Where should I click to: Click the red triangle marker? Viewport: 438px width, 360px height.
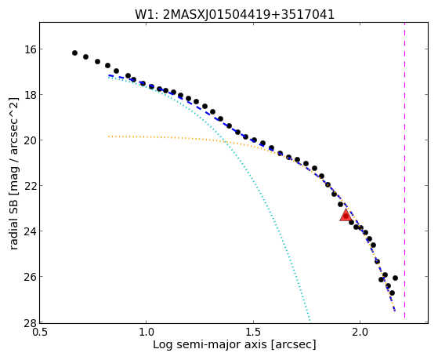click(x=346, y=215)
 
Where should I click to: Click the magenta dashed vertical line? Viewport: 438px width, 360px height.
click(x=404, y=170)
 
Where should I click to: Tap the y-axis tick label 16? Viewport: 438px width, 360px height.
click(x=31, y=49)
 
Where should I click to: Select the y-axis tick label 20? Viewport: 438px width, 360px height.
click(x=31, y=140)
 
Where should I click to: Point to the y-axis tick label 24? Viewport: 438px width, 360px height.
click(x=31, y=231)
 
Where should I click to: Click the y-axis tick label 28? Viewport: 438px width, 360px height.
click(x=31, y=322)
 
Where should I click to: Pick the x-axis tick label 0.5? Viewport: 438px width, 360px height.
click(x=40, y=333)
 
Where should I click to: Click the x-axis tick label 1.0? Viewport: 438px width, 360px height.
click(x=147, y=333)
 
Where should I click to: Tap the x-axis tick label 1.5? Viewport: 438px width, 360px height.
click(x=253, y=333)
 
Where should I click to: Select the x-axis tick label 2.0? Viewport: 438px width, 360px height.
click(x=360, y=333)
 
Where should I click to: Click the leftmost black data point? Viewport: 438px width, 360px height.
click(x=74, y=53)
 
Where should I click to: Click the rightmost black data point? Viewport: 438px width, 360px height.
click(x=395, y=278)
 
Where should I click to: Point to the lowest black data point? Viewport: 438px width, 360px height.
click(x=392, y=293)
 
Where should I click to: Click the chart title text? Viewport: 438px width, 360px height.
click(x=234, y=15)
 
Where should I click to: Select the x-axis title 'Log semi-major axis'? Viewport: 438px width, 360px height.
click(x=210, y=344)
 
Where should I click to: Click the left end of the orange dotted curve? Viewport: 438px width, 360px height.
click(x=109, y=136)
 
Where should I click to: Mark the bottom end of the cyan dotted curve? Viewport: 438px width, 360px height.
click(x=309, y=320)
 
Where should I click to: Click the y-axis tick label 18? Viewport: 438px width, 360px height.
click(x=31, y=95)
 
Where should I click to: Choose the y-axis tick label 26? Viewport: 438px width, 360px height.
click(x=31, y=277)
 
